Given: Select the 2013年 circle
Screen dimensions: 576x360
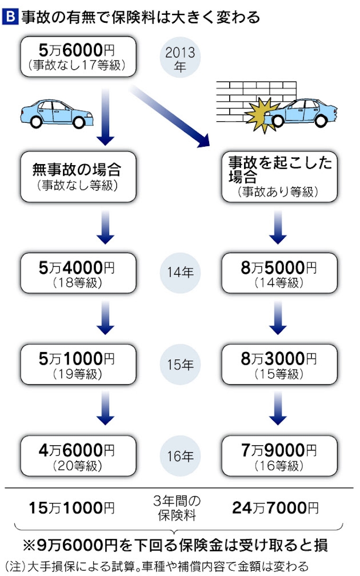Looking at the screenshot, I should tap(180, 59).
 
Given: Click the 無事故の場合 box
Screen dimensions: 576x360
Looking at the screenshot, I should tap(76, 176).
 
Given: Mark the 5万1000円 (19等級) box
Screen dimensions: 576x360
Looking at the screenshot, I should tap(76, 364).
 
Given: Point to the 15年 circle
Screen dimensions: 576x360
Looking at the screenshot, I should tap(180, 364).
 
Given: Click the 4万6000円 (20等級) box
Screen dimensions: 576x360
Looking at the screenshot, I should tap(76, 455).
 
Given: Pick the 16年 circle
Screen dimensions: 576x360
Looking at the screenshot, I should tap(180, 455).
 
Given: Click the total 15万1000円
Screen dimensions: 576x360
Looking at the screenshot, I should tap(71, 508).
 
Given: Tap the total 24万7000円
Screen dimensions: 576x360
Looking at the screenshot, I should tap(275, 508).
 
